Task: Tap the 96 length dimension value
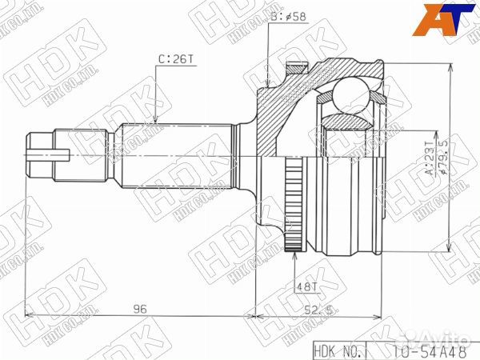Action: pos(140,307)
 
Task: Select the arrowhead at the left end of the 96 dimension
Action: pos(29,315)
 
